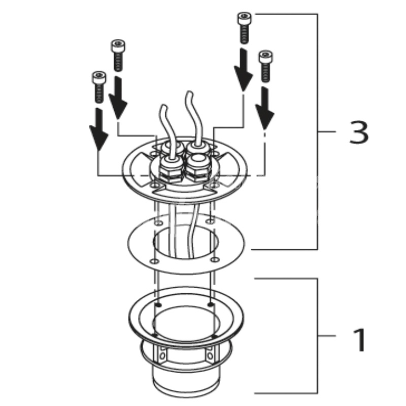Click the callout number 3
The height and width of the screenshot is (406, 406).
[x=359, y=132]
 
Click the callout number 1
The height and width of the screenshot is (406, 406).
[x=359, y=340]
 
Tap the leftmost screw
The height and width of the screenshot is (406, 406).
[x=99, y=87]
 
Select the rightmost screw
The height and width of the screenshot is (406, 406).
[x=265, y=66]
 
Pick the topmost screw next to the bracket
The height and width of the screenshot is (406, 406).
[x=244, y=28]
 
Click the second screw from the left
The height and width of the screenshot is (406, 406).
[x=118, y=55]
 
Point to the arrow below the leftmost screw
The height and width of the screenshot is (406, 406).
[x=98, y=129]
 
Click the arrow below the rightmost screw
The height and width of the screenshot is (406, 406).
[x=264, y=108]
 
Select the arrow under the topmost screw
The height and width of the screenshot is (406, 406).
[x=243, y=70]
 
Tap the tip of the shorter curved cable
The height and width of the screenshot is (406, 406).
[x=163, y=106]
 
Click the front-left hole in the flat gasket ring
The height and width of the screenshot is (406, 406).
[x=155, y=261]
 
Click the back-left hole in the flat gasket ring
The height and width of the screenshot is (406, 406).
[x=158, y=223]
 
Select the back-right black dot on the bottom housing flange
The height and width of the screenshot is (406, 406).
[x=211, y=303]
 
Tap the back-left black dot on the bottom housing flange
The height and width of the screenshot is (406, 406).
[x=159, y=305]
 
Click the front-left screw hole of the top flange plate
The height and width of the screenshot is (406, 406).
[x=155, y=185]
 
